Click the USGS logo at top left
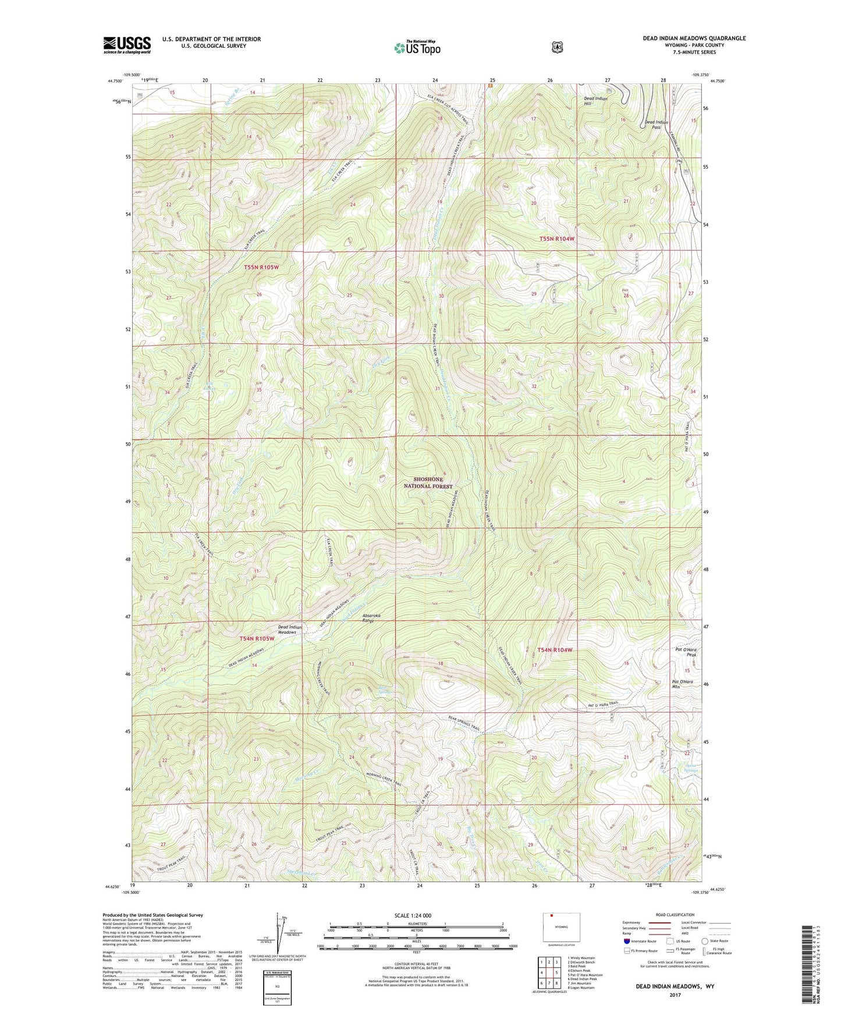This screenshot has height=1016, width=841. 127,45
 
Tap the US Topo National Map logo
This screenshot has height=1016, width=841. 416,47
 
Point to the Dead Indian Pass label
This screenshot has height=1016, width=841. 656,125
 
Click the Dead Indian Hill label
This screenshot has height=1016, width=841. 595,101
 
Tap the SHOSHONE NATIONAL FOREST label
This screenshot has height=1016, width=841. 428,482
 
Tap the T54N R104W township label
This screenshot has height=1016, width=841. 555,649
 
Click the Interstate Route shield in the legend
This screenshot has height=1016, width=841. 626,941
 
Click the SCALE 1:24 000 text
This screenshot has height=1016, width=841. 413,915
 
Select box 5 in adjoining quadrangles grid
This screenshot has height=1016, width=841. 556,972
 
